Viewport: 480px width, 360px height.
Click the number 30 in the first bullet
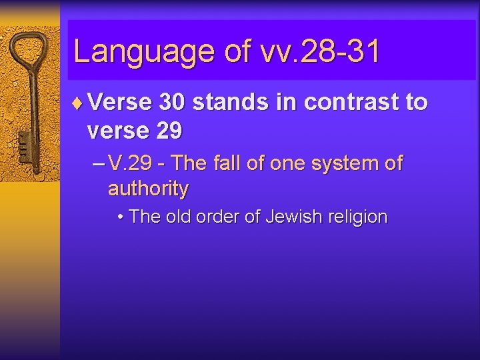[x=174, y=102]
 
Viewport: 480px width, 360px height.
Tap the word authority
[x=148, y=189]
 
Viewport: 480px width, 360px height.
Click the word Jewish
[x=286, y=217]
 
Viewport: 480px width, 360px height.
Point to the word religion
[x=354, y=217]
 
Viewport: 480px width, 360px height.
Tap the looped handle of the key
[x=29, y=54]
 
